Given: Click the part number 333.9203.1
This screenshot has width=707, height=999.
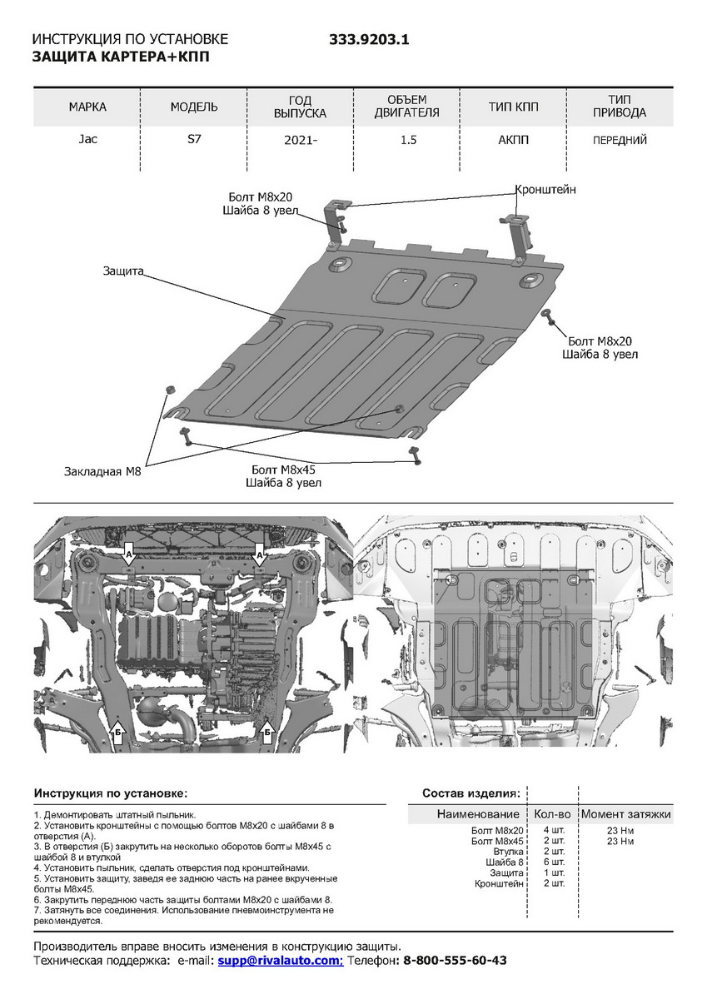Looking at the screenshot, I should click(370, 40).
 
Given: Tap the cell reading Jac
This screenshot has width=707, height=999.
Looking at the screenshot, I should click(87, 139).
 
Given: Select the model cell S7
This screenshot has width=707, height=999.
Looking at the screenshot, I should click(194, 139).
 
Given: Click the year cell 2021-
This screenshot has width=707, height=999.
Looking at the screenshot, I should click(301, 141).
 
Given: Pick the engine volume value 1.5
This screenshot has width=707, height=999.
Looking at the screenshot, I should click(408, 140).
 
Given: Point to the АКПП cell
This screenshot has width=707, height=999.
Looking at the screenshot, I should click(514, 140).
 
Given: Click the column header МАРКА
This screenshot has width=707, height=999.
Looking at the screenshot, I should click(87, 107).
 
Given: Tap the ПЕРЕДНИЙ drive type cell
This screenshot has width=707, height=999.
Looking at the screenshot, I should click(620, 141).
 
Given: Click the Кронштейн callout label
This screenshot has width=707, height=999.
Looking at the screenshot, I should click(545, 190).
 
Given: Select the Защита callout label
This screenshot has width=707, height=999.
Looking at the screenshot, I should click(124, 271).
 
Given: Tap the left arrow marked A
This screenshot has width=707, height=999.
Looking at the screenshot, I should click(129, 553).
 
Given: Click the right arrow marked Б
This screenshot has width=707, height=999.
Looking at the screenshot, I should click(268, 732).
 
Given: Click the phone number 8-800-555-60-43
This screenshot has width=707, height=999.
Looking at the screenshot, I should click(455, 960).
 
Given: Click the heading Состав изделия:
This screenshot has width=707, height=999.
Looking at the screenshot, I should click(471, 793).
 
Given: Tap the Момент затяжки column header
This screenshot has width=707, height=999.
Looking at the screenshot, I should click(626, 813).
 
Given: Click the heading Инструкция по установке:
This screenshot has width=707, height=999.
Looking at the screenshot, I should click(111, 793).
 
